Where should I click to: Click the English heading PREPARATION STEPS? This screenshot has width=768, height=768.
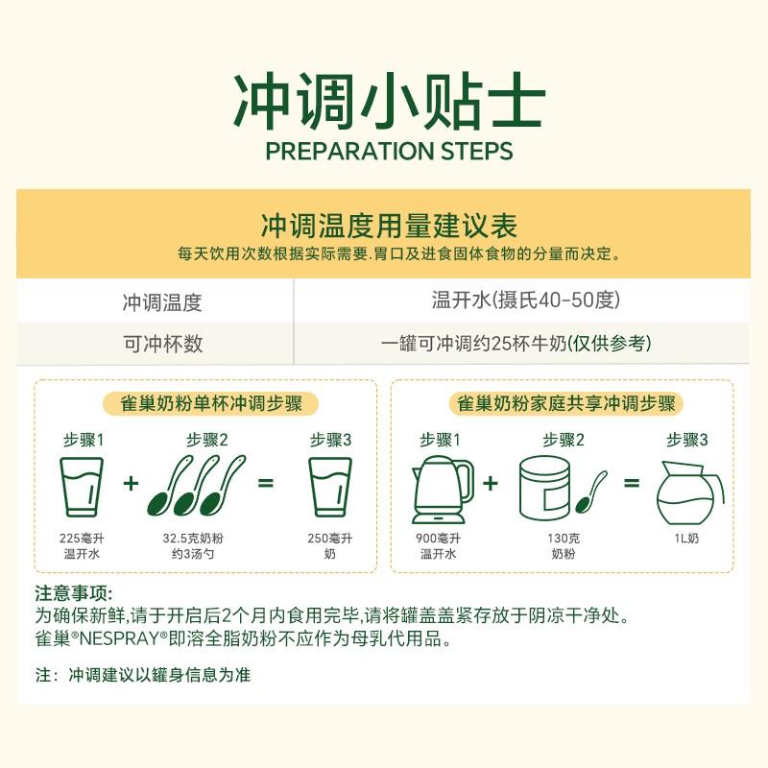pos(389,151)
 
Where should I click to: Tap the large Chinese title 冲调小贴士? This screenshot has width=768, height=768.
pos(389,102)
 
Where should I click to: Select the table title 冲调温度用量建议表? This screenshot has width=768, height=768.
pos(389,226)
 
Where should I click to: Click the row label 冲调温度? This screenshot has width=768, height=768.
pos(162,302)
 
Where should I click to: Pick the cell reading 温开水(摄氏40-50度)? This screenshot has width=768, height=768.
pos(526,300)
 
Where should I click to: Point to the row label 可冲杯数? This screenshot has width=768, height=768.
pos(162,344)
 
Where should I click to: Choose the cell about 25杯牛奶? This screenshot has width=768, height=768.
pos(516,344)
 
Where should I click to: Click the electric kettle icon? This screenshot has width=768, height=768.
pos(443,491)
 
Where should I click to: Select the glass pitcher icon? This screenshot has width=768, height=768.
pos(689,492)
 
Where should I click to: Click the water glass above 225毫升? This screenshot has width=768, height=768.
pos(82,487)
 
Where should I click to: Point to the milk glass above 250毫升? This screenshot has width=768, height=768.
pos(330,487)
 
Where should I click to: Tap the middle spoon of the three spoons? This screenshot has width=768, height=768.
pos(195,486)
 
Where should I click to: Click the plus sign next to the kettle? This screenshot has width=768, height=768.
pos(491,484)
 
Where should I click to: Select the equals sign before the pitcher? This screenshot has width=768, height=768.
pos(632,484)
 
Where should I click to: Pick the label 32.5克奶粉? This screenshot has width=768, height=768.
pos(193,539)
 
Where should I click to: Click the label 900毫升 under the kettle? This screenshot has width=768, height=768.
pos(439,539)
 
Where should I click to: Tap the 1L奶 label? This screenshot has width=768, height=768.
pos(686,539)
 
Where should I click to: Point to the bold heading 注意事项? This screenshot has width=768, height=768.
pos(74,593)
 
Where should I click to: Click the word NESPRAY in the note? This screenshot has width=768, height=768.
pos(119,638)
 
